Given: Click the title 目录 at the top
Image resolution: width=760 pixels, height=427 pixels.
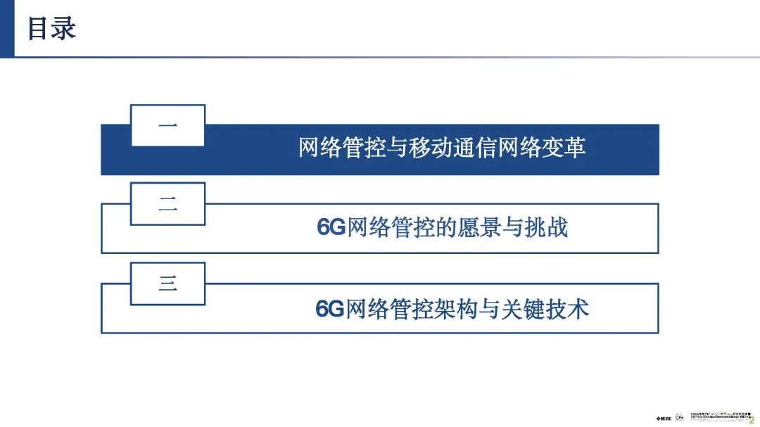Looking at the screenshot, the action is (51, 29).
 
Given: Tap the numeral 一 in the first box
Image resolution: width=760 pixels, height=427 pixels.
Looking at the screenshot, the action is (167, 126).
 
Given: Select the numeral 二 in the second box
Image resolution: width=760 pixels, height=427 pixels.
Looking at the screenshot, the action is (167, 205).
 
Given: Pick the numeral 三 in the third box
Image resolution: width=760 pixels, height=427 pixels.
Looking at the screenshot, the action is (167, 284).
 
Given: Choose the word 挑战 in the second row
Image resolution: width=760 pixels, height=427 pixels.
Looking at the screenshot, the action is (550, 229).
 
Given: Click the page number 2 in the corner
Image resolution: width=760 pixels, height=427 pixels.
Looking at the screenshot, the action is (751, 418).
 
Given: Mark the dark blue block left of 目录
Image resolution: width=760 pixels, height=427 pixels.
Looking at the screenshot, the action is (7, 29).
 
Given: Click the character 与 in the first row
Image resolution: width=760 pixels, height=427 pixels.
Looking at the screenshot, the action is (398, 148).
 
